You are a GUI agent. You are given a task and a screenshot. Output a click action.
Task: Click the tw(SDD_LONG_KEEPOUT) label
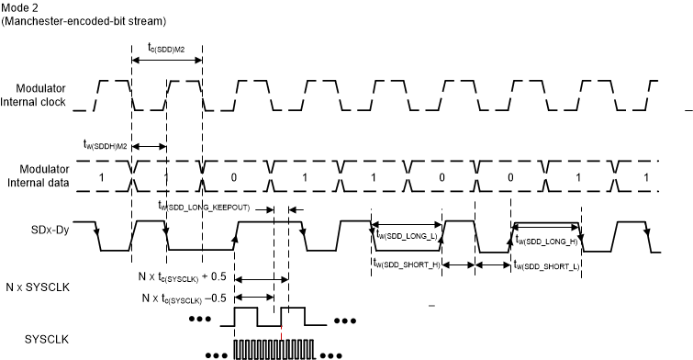[x=203, y=207]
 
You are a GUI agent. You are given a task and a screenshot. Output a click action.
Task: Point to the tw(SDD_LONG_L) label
[x=407, y=234]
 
